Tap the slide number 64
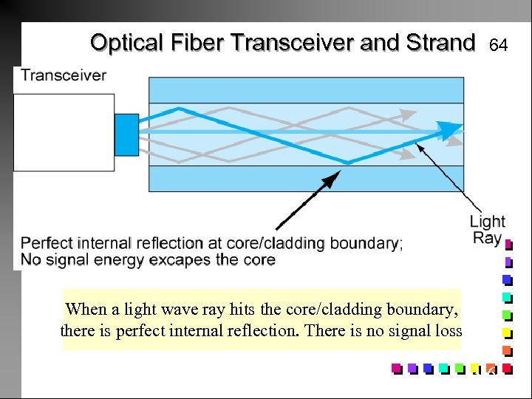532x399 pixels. [499, 46]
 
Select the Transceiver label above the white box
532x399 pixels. [64, 75]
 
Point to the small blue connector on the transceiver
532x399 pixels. [126, 134]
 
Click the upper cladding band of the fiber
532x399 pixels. [307, 90]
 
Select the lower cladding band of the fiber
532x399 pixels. [307, 179]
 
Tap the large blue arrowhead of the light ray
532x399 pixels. [449, 130]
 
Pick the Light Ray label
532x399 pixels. [487, 229]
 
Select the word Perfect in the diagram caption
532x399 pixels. [48, 243]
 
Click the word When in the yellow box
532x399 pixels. [85, 310]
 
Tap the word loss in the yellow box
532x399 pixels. [445, 331]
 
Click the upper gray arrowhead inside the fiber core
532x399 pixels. [406, 115]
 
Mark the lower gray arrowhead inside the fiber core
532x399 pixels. [406, 154]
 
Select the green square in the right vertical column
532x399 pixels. [507, 315]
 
